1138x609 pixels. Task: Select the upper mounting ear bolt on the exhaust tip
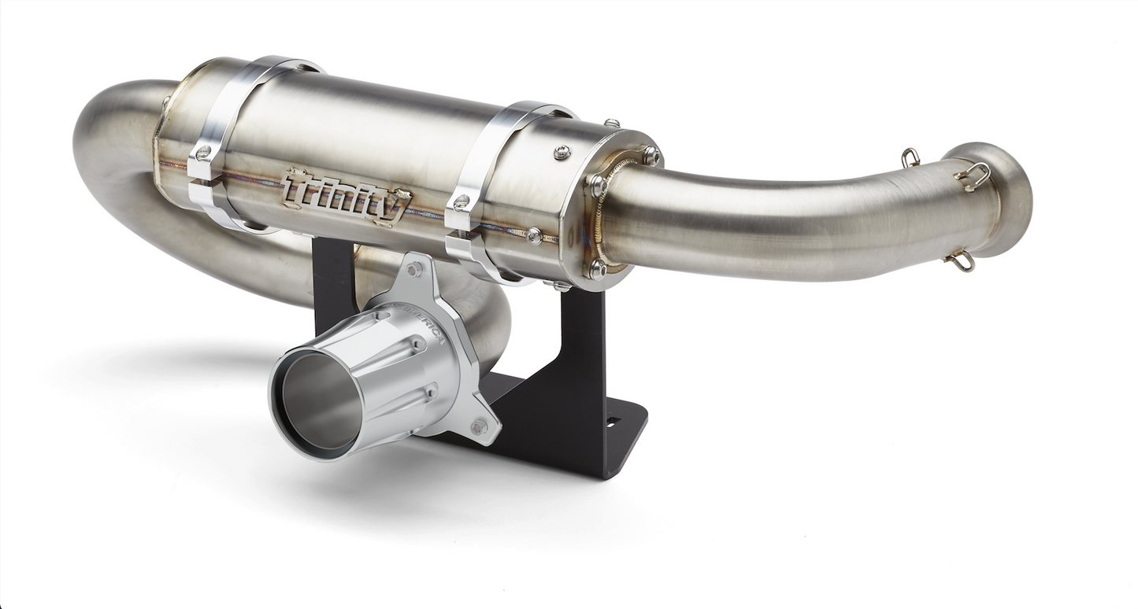click(414, 269)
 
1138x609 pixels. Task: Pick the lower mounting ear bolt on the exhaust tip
click(477, 427)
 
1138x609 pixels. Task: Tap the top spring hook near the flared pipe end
click(910, 157)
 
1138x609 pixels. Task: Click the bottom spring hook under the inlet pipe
click(961, 260)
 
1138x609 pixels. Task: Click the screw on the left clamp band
click(204, 152)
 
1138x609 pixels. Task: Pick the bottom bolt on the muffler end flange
click(596, 268)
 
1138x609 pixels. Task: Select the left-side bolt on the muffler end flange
click(596, 186)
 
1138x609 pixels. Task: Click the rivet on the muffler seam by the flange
click(535, 234)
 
